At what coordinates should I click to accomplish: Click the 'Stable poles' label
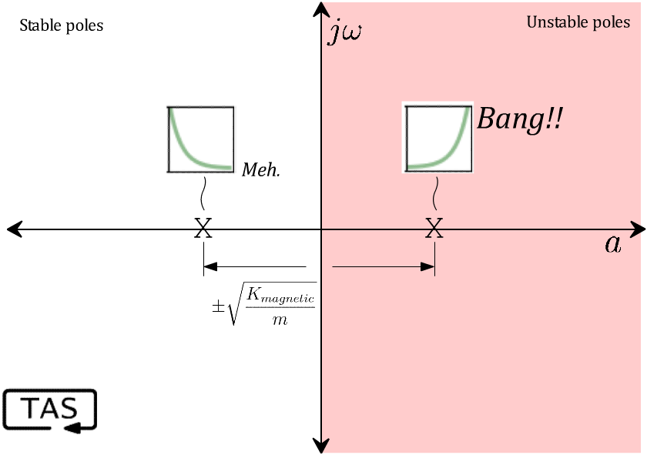pos(61,25)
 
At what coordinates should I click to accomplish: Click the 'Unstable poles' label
pos(578,22)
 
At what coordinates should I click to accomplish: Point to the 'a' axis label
pos(612,244)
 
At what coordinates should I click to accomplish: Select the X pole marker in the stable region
pos(203,228)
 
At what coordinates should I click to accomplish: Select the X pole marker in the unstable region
pos(434,228)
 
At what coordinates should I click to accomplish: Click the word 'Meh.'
pos(261,169)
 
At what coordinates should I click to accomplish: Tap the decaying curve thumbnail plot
pos(201,139)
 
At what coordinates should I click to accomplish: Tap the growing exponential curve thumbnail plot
pos(437,137)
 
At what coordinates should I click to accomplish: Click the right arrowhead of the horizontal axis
pos(638,229)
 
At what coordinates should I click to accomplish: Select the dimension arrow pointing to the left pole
pos(254,266)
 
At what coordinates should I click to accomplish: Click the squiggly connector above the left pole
pos(203,192)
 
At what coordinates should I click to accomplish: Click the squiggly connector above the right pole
pos(437,192)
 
